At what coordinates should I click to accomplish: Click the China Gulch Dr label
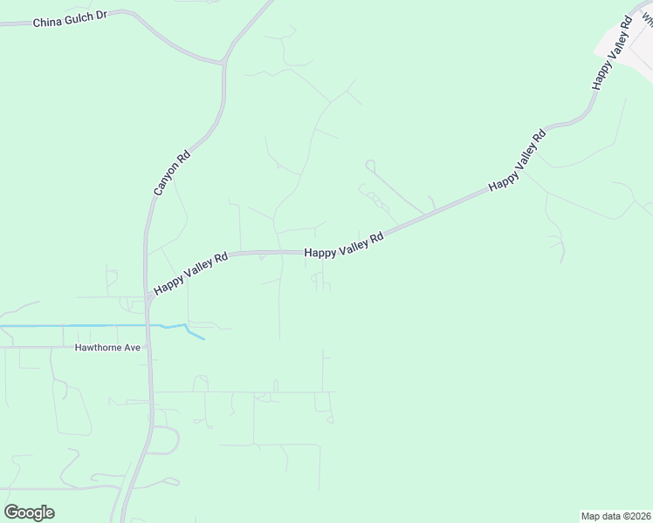coord(70,20)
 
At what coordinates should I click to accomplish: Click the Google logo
coord(29,513)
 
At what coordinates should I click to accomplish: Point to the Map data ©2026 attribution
coord(615,516)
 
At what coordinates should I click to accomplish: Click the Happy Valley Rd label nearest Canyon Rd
coord(191,273)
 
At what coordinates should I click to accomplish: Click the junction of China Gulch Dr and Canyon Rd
coord(224,61)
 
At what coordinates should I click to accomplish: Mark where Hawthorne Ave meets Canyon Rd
coord(150,347)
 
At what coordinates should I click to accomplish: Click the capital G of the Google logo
coord(11,512)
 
